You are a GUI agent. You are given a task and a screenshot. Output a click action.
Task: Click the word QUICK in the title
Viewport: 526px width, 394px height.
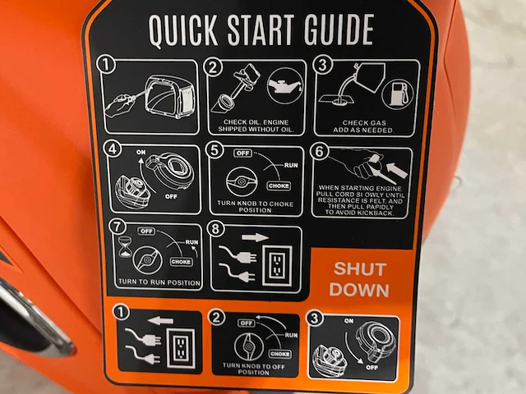click(x=183, y=31)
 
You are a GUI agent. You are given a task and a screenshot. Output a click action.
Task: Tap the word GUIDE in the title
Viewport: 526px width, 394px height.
click(x=339, y=30)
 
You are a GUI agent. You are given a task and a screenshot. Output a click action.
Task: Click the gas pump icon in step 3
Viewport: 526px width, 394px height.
click(x=398, y=93)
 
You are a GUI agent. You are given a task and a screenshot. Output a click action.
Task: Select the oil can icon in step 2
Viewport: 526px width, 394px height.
click(x=285, y=85)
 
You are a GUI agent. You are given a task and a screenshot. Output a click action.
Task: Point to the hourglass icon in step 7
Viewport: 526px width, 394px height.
click(x=126, y=247)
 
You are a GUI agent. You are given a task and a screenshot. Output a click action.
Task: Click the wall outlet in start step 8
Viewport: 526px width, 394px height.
click(x=278, y=265)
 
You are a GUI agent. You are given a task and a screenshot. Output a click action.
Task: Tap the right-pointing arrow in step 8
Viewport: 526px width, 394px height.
click(x=255, y=237)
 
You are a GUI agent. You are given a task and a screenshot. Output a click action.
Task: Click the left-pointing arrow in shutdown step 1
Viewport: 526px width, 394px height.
click(x=160, y=321)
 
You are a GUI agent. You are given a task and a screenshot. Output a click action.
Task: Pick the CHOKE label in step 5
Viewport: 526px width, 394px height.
click(x=279, y=186)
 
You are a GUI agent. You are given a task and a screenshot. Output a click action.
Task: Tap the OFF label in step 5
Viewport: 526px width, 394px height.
click(x=242, y=153)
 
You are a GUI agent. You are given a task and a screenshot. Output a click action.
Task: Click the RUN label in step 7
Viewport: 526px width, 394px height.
click(x=191, y=242)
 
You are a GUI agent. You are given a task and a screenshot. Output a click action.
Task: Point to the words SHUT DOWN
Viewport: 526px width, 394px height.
click(x=359, y=279)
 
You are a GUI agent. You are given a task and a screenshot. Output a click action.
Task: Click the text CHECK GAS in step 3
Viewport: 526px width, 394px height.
click(x=364, y=123)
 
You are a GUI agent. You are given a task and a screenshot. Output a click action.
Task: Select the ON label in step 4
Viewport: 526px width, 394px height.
click(x=141, y=152)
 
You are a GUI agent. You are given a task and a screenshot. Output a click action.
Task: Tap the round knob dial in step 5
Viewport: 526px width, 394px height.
click(x=242, y=181)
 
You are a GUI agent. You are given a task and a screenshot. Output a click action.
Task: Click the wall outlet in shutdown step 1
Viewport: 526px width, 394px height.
click(x=181, y=348)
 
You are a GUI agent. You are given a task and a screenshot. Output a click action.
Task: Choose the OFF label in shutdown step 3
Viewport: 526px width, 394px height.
click(x=372, y=368)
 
